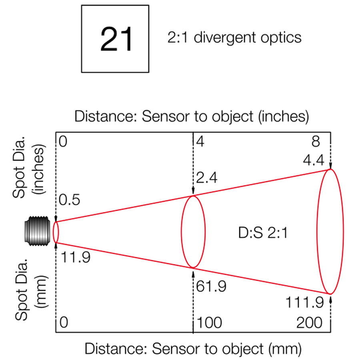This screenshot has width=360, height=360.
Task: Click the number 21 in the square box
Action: click(x=116, y=39)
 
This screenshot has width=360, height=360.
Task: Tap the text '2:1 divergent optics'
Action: click(x=234, y=38)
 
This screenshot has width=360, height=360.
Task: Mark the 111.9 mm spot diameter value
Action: click(x=304, y=303)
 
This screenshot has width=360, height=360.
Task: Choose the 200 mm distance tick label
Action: click(x=309, y=322)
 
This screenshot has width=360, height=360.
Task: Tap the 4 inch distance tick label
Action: click(x=199, y=142)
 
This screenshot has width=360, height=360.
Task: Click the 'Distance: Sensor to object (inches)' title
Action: click(x=192, y=116)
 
